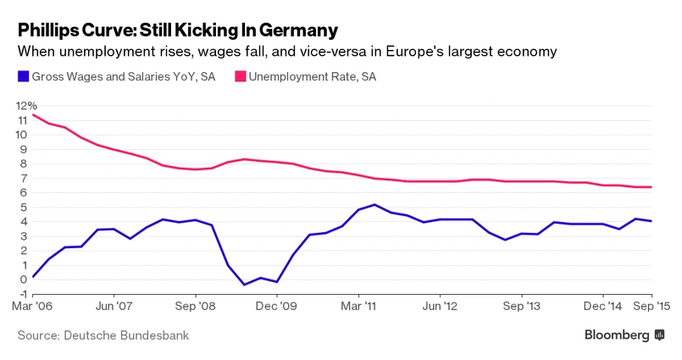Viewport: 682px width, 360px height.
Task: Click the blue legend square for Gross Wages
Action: (23, 77)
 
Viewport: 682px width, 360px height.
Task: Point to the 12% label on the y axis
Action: (27, 106)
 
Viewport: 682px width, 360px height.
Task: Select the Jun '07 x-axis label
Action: (114, 308)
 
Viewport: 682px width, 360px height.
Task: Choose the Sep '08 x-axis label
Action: (195, 308)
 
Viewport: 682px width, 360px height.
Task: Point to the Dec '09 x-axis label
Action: (277, 308)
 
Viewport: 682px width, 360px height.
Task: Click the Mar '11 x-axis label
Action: (359, 308)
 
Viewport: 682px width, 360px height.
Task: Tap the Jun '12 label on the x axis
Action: (441, 308)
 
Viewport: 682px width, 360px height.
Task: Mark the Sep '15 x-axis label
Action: (648, 308)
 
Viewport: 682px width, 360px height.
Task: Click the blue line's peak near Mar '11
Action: (375, 204)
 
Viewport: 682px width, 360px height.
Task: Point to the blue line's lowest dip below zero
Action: (245, 285)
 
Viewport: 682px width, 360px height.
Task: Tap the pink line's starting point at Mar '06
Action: (32, 115)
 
